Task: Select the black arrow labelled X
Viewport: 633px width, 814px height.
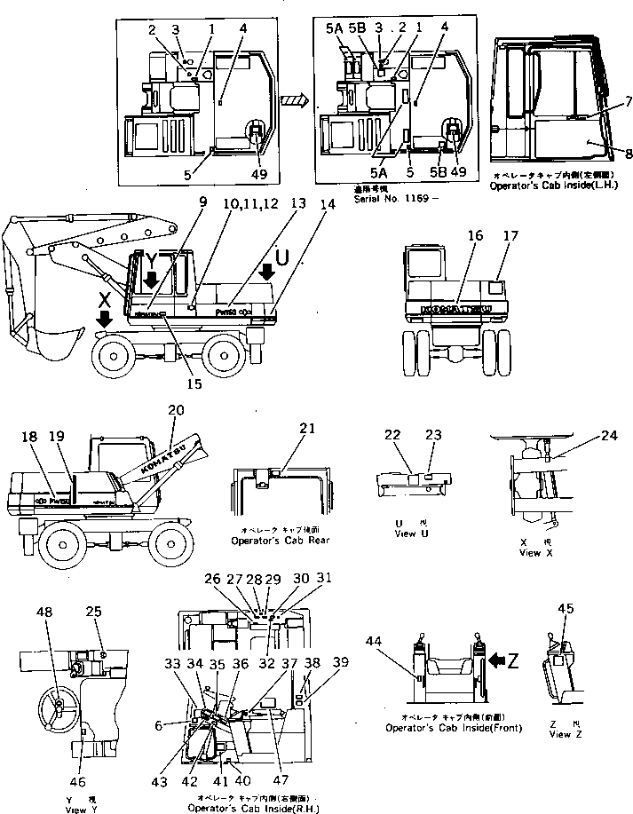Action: [105, 319]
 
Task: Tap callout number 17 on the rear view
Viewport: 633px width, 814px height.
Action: [510, 237]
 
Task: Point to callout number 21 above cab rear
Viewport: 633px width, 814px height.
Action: [306, 430]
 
